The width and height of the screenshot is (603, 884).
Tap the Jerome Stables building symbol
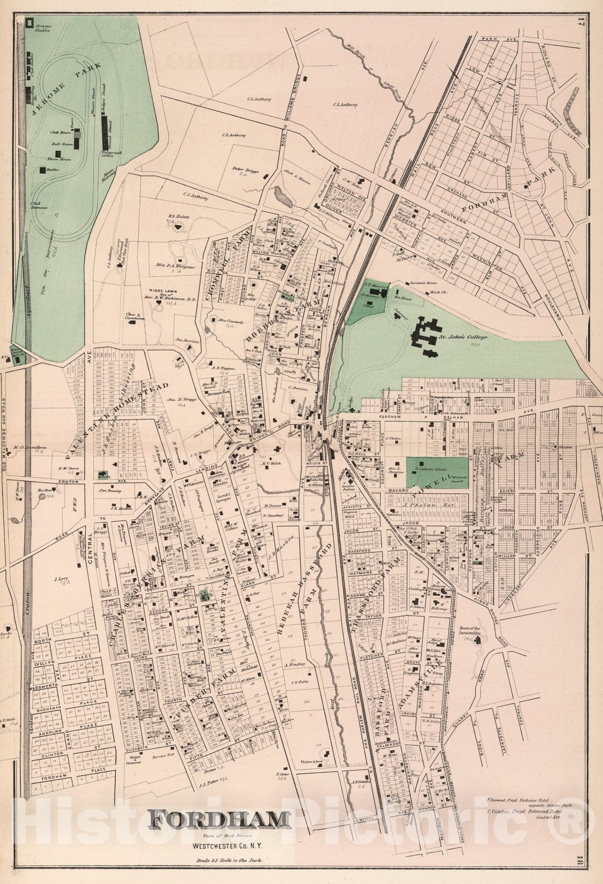(29, 23)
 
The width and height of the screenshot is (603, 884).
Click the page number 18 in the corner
(596, 872)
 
